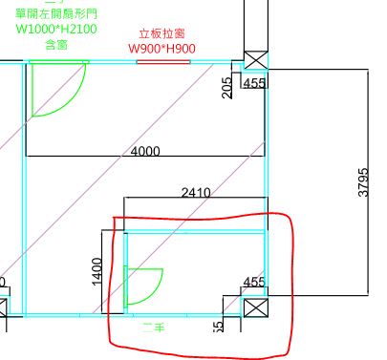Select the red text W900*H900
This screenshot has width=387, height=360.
(x=161, y=49)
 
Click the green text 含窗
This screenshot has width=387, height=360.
(x=55, y=45)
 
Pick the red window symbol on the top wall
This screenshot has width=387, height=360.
(x=161, y=62)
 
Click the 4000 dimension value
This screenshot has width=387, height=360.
(x=144, y=152)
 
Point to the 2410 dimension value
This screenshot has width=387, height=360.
(x=196, y=193)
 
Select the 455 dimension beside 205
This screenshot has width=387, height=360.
(x=254, y=84)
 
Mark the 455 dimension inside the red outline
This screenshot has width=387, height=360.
(x=254, y=283)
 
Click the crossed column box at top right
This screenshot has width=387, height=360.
(x=255, y=61)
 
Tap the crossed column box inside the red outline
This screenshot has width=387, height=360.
(x=255, y=308)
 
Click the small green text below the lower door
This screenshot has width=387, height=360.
(x=153, y=328)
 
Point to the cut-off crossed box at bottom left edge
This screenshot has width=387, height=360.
(x=3, y=308)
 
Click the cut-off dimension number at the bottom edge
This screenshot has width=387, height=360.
(x=219, y=327)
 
